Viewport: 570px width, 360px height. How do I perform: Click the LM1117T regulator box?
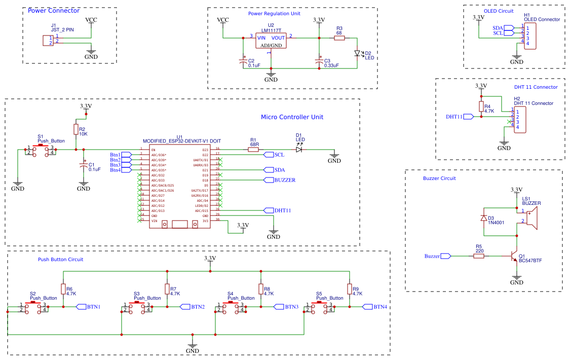[x=271, y=41]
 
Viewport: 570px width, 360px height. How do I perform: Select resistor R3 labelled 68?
[x=339, y=38]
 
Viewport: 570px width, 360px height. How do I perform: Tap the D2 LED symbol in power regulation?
[x=357, y=53]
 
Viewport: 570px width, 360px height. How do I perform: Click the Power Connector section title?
[x=53, y=11]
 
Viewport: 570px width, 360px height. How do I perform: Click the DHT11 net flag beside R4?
[x=468, y=117]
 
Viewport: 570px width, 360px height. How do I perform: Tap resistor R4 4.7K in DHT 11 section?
[x=481, y=106]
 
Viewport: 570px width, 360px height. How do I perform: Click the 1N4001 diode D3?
[x=484, y=218]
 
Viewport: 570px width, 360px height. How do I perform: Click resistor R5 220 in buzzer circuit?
[x=479, y=256]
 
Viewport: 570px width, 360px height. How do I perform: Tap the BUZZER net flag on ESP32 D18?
[x=269, y=180]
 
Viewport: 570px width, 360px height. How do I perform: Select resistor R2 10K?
[x=75, y=130]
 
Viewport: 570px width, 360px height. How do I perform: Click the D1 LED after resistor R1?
[x=299, y=149]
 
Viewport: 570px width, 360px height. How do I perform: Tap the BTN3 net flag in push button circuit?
[x=279, y=307]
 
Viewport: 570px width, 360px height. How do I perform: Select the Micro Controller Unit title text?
[x=292, y=117]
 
